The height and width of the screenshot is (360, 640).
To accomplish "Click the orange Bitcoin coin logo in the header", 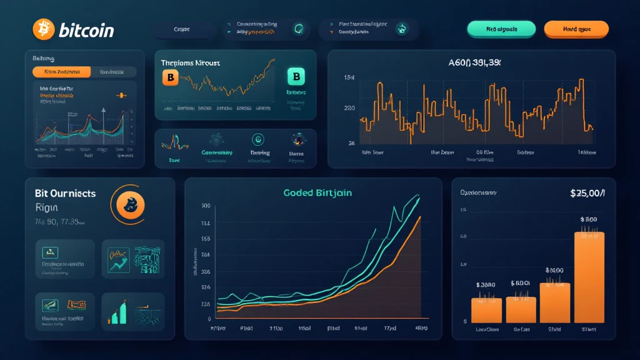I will pos(42,29).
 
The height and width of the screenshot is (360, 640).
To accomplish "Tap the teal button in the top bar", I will pos(501,29).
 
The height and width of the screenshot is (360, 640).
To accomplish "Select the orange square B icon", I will pos(170,77).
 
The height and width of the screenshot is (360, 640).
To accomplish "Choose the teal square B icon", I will pos(296,77).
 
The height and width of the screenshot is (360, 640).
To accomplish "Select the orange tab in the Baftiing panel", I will pos(61,72).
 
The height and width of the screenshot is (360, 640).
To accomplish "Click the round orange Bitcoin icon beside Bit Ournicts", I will pos(131,204).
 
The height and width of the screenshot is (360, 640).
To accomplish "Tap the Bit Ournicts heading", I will pos(66,194).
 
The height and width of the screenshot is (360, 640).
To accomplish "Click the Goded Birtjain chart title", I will pos(317,192).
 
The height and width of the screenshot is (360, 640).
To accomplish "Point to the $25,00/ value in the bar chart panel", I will pos(587,193).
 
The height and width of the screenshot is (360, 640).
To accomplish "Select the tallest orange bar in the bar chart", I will pos(589,277).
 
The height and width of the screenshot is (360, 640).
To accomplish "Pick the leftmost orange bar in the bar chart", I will pos(486,309).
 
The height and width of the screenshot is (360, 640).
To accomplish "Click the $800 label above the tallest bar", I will pos(589,219).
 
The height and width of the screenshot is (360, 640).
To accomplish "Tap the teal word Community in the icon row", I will pos(217,152).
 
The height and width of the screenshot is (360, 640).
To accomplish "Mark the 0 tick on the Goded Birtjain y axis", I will pos(207,319).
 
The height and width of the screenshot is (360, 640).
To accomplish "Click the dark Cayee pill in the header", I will pos(182,29).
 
